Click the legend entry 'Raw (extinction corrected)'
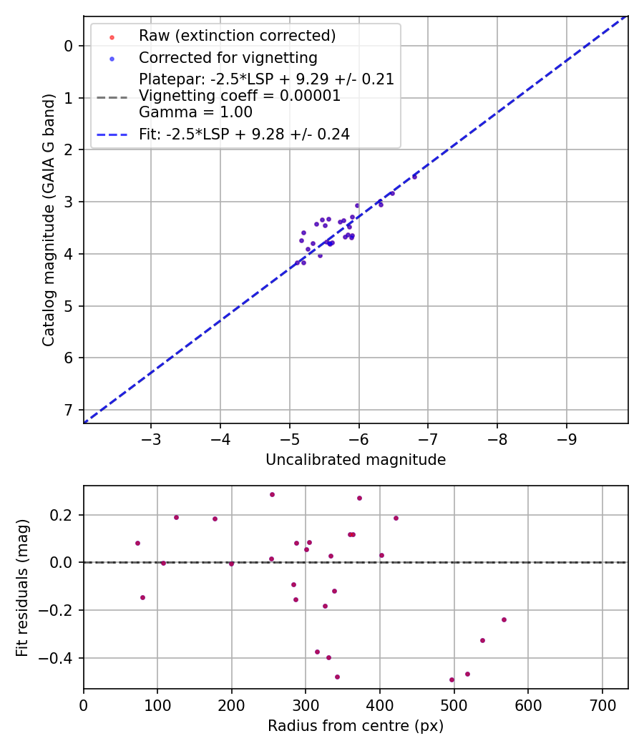(x=237, y=36)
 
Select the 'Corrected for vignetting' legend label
(x=228, y=58)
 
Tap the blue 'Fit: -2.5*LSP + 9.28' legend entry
(x=244, y=134)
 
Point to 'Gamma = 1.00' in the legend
(x=195, y=112)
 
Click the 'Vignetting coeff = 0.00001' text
(x=240, y=96)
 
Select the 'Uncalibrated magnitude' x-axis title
(x=356, y=460)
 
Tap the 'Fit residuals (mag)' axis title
(x=23, y=586)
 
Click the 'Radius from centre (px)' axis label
(x=356, y=726)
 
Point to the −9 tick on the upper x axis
(x=567, y=436)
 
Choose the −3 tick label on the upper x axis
(x=151, y=436)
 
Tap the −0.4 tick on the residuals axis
(x=62, y=657)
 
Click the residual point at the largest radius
(x=504, y=619)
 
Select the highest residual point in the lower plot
(x=272, y=494)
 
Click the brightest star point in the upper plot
(x=414, y=176)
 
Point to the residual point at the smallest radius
(x=137, y=543)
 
